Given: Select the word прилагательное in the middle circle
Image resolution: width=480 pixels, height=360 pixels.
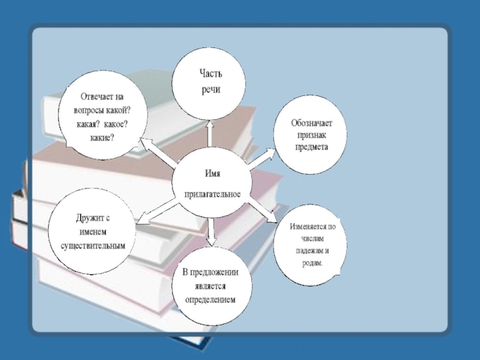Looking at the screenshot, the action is click(x=212, y=194).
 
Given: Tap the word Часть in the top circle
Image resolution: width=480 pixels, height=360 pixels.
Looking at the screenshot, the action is click(x=211, y=74).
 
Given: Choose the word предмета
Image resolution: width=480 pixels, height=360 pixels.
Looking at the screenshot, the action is click(x=311, y=146).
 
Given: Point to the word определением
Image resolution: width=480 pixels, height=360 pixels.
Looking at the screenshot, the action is click(x=211, y=299).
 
